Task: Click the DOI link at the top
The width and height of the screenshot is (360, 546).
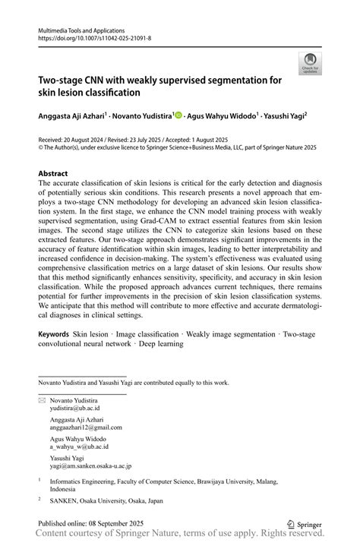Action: point(94,36)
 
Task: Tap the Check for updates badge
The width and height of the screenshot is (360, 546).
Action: point(309,64)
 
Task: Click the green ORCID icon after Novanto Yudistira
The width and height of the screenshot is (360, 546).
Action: point(178,115)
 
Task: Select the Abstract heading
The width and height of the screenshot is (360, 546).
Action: point(53,174)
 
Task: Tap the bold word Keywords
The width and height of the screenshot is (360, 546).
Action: point(53,334)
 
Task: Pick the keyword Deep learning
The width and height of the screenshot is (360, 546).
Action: point(159,343)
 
